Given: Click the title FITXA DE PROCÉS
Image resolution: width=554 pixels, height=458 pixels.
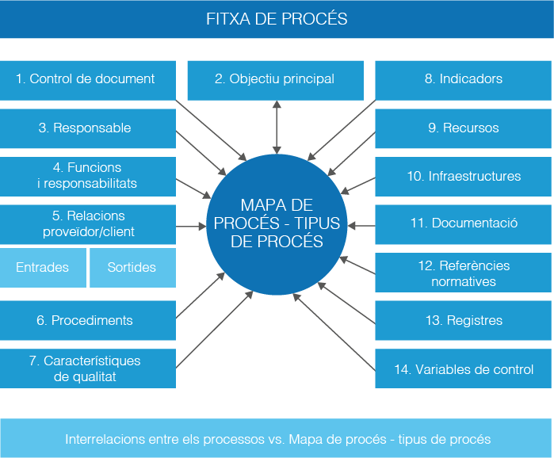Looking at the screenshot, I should pyautogui.click(x=277, y=18).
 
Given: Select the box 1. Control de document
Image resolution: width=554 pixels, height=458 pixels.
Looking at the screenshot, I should pyautogui.click(x=87, y=79).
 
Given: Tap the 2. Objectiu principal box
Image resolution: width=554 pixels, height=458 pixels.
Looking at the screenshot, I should pyautogui.click(x=275, y=79).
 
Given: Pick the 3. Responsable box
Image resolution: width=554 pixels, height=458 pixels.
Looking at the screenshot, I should pyautogui.click(x=87, y=128).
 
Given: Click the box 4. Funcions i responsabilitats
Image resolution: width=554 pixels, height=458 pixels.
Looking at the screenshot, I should pyautogui.click(x=87, y=176).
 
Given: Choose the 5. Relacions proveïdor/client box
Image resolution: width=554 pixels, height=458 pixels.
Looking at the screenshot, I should pyautogui.click(x=87, y=224).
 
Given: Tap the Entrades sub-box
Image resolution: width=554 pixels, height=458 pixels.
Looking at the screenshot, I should pyautogui.click(x=42, y=268).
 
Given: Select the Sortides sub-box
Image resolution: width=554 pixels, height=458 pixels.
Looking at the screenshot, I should pyautogui.click(x=132, y=268).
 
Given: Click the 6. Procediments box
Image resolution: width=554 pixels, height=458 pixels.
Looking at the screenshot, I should pyautogui.click(x=87, y=321).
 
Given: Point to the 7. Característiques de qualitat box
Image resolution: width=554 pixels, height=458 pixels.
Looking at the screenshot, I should pyautogui.click(x=87, y=368).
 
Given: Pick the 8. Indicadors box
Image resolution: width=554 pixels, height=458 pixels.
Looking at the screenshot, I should pyautogui.click(x=464, y=79).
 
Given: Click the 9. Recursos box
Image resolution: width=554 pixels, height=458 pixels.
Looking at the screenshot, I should pyautogui.click(x=464, y=128).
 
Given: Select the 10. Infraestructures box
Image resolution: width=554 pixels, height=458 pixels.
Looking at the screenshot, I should pyautogui.click(x=464, y=176).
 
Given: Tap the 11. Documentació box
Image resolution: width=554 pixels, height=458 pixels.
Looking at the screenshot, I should pyautogui.click(x=464, y=224).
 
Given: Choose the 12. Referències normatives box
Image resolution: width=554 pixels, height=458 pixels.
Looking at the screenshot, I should pyautogui.click(x=464, y=273).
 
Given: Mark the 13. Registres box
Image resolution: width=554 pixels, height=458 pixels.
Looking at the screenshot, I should pyautogui.click(x=464, y=321).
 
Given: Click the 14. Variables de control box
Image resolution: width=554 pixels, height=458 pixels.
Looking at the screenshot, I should pyautogui.click(x=464, y=369).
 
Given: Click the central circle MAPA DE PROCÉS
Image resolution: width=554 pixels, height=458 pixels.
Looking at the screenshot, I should pyautogui.click(x=277, y=222).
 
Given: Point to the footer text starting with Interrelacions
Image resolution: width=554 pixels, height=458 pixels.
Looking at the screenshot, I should pyautogui.click(x=277, y=439).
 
